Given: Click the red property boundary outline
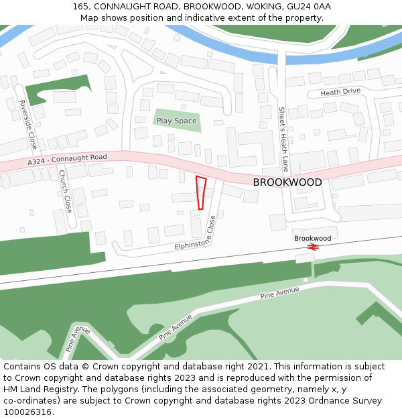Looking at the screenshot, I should click(x=200, y=193).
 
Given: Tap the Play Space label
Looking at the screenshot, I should click(x=176, y=121).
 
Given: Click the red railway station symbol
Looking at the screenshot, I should click(x=312, y=247).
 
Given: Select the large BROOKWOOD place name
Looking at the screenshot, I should click(x=287, y=182).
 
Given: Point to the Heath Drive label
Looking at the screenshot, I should click(x=340, y=91).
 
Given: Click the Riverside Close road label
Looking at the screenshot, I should click(x=27, y=124).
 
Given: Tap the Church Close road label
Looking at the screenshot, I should click(x=64, y=191).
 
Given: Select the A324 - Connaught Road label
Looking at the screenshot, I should click(x=67, y=160).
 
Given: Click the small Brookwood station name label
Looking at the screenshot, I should click(x=312, y=238).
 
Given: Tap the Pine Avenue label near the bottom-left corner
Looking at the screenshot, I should click(x=78, y=337).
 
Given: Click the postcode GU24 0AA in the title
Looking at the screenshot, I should click(x=312, y=6).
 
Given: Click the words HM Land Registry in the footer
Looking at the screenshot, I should click(x=37, y=389).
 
